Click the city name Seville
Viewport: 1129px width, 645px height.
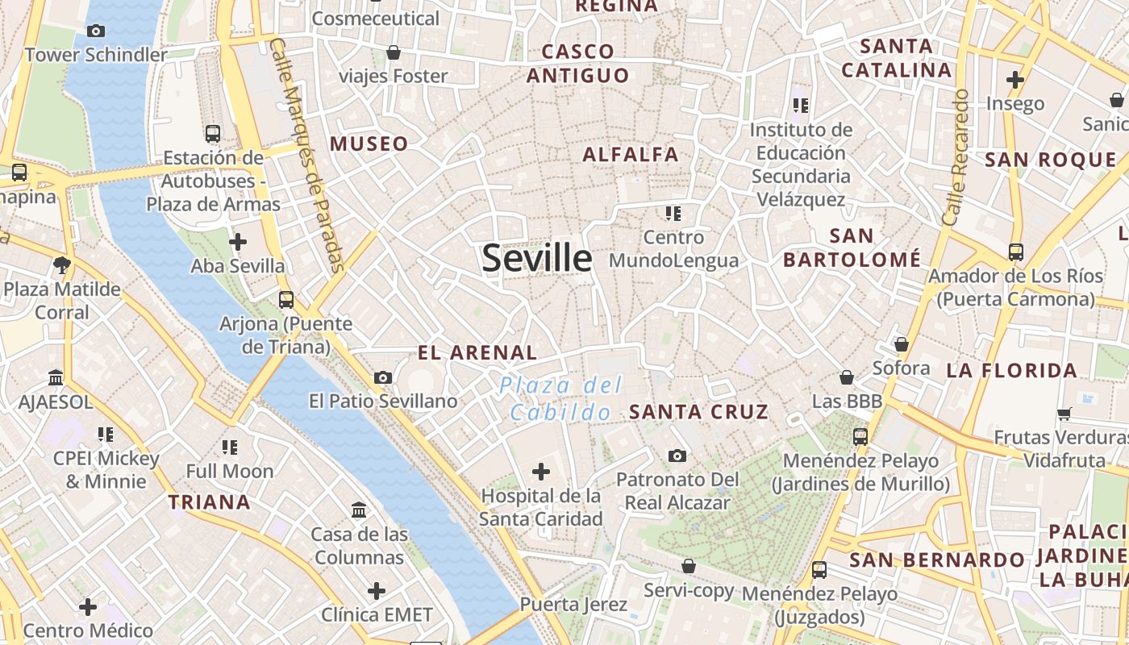pyautogui.click(x=537, y=258)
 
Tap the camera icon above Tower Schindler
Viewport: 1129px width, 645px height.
pyautogui.click(x=96, y=31)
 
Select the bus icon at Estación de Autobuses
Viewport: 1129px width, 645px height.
pyautogui.click(x=213, y=134)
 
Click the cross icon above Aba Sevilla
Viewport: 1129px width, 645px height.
pyautogui.click(x=238, y=242)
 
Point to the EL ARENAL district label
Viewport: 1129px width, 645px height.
pyautogui.click(x=477, y=352)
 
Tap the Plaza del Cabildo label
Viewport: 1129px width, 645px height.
pyautogui.click(x=560, y=398)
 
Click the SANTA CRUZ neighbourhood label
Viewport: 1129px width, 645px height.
pyautogui.click(x=698, y=412)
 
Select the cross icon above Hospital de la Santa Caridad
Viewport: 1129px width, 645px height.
pyautogui.click(x=541, y=472)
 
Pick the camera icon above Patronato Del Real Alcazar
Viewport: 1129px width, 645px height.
pyautogui.click(x=677, y=456)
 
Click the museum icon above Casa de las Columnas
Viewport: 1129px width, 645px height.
pyautogui.click(x=359, y=510)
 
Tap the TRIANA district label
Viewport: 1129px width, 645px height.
pyautogui.click(x=210, y=502)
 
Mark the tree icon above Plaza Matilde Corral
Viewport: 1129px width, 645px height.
pyautogui.click(x=62, y=265)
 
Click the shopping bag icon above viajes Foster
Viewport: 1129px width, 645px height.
pyautogui.click(x=394, y=53)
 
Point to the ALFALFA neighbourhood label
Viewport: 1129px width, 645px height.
pyautogui.click(x=631, y=154)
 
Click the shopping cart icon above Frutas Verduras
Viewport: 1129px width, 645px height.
pyautogui.click(x=1064, y=414)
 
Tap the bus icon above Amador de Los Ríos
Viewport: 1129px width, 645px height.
pyautogui.click(x=1016, y=252)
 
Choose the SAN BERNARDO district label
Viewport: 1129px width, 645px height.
pyautogui.click(x=936, y=560)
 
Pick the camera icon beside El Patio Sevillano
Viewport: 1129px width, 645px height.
pyautogui.click(x=383, y=377)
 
